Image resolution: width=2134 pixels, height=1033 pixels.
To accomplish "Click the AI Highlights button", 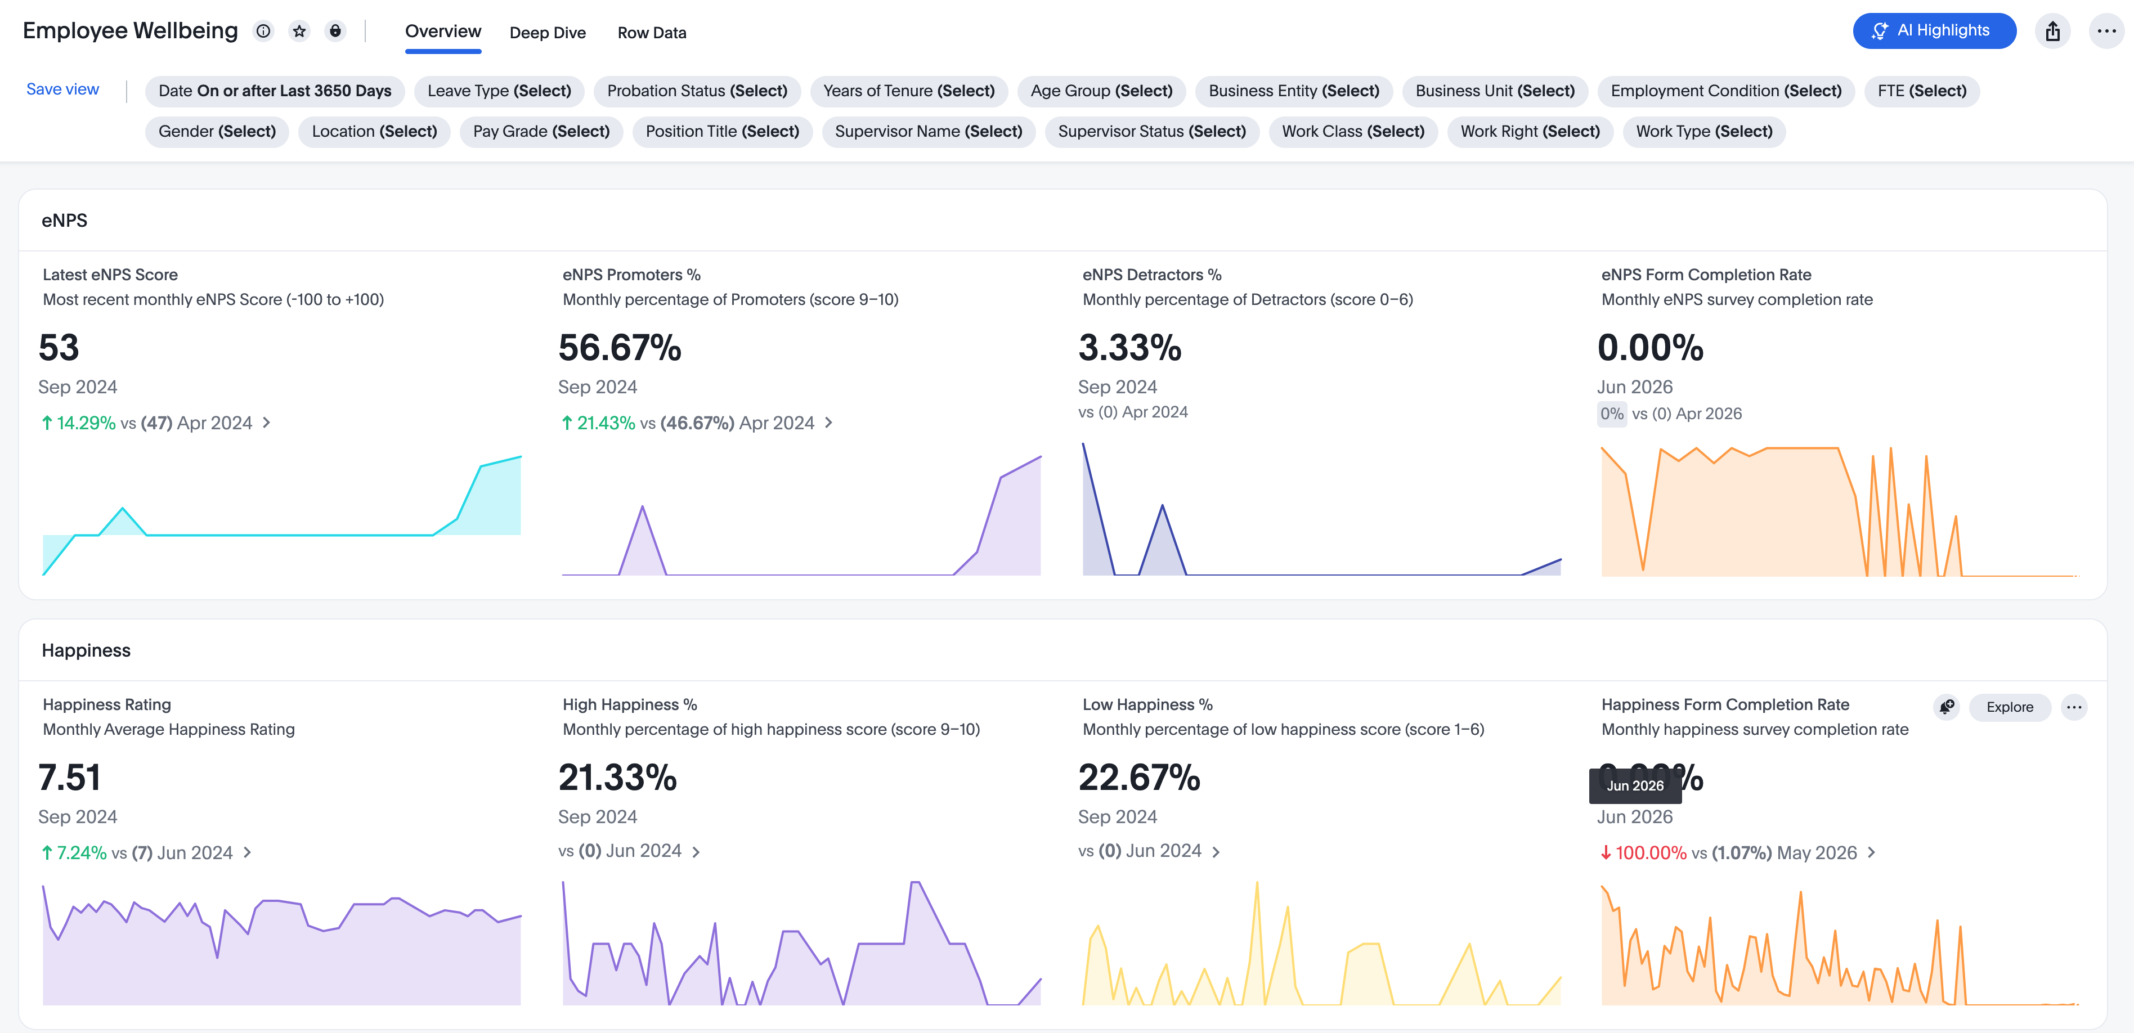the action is tap(1934, 30).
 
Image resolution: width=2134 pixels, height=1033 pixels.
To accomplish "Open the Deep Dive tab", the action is tap(548, 32).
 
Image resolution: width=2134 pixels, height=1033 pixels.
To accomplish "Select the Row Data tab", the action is tap(652, 32).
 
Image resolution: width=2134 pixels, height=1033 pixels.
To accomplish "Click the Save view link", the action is tap(63, 89).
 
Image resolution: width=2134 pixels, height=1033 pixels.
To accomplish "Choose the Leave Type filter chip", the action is tap(500, 91).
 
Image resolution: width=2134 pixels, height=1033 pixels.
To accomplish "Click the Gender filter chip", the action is tap(217, 132).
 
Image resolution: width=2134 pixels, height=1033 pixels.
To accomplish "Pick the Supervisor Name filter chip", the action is tap(929, 132).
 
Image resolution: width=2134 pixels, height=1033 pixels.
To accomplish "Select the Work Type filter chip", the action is tap(1704, 132).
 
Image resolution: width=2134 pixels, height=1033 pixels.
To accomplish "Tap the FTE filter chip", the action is tap(1922, 91).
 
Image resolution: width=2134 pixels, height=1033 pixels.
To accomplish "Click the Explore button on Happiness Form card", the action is tap(2010, 707).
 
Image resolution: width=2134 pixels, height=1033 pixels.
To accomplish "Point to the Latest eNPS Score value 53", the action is tap(59, 348).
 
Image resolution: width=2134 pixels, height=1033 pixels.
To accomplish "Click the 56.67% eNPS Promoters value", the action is tap(620, 348).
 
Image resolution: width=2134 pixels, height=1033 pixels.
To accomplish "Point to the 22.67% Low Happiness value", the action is tap(1139, 778).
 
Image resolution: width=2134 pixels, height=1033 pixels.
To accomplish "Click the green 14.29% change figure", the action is tap(86, 423).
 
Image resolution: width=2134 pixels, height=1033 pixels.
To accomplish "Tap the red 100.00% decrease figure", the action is tap(1650, 854).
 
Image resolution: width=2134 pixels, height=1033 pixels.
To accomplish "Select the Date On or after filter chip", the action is tap(275, 91).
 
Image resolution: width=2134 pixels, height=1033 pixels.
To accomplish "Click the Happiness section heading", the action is tap(86, 651).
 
